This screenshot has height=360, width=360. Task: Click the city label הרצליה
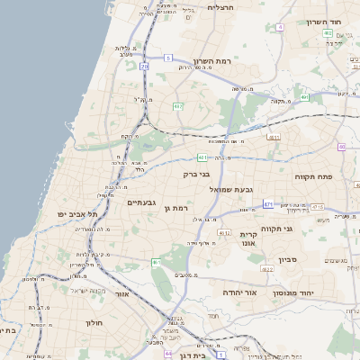coord(220,7)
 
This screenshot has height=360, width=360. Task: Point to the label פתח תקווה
coord(313,176)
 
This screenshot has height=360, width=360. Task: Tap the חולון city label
coord(96,321)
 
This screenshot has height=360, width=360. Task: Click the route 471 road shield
coord(268,205)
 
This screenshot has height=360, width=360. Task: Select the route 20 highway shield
coord(145,66)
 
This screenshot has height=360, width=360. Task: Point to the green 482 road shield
coord(178,106)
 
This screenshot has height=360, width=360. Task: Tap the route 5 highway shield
coord(168,58)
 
